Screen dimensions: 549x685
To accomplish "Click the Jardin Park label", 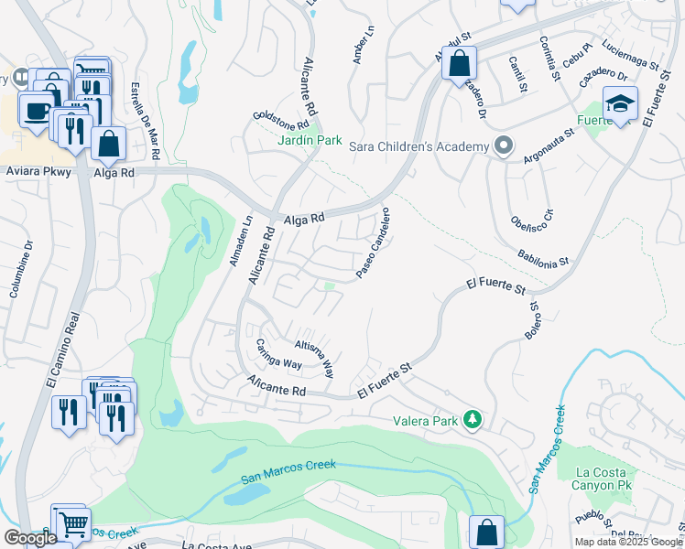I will coord(310,141).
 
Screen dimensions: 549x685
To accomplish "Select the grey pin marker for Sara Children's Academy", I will coord(503,146).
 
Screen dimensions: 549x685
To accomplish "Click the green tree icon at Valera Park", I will coord(473,419).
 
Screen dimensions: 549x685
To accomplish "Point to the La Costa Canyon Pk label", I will coord(601,479).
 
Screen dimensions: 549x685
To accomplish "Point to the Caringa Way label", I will coord(278,355).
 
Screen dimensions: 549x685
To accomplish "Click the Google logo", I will coord(30,538).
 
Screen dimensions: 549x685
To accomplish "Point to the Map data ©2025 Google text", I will coord(627,542).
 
